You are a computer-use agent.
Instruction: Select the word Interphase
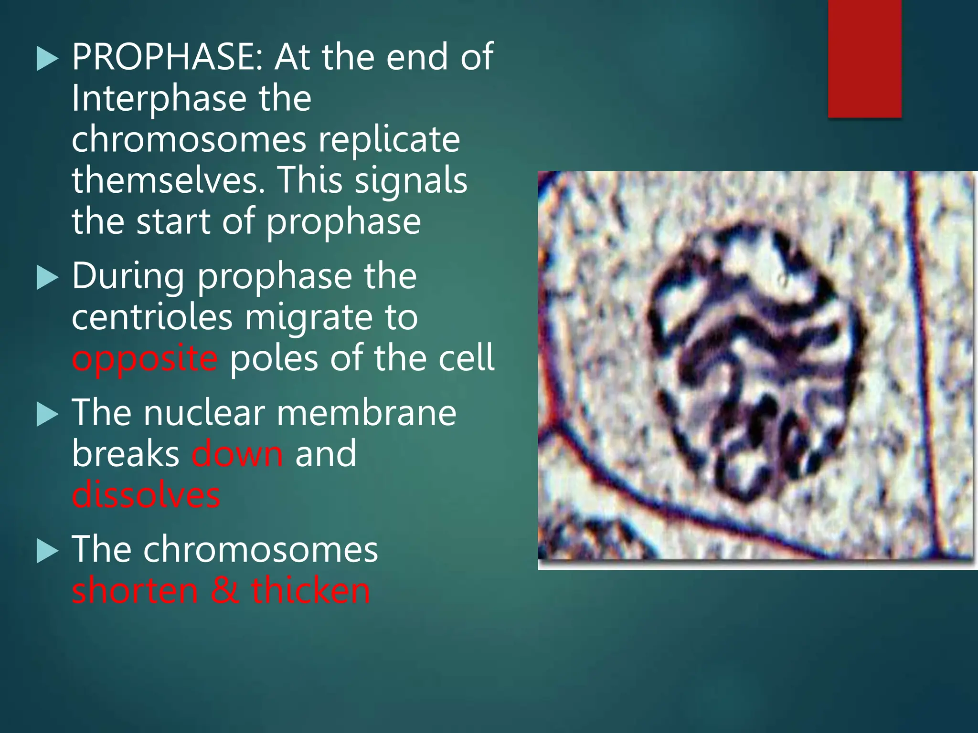tap(159, 99)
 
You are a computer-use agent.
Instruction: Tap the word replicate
tap(389, 140)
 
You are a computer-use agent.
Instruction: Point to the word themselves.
tap(168, 181)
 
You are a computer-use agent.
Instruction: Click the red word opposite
tap(145, 359)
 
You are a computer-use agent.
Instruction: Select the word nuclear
tap(204, 413)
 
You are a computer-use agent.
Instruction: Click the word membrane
tap(366, 413)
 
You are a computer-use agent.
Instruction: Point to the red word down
tap(237, 454)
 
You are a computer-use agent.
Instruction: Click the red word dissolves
tap(146, 495)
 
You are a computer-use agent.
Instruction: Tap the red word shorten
tap(135, 591)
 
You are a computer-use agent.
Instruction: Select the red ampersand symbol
tap(224, 591)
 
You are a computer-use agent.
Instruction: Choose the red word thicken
tap(310, 591)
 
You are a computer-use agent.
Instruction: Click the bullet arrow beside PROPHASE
tap(47, 61)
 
